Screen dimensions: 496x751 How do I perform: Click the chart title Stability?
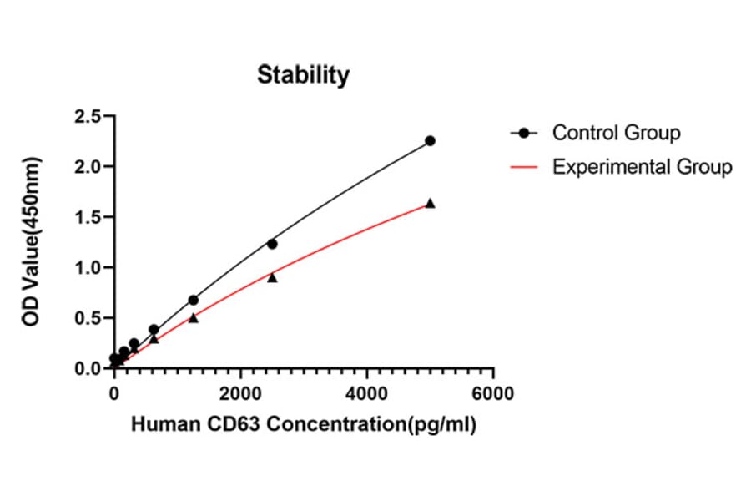click(x=303, y=75)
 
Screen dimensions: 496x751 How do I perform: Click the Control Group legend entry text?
click(x=616, y=133)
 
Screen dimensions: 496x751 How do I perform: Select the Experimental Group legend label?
click(x=642, y=167)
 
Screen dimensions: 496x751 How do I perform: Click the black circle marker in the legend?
click(x=524, y=133)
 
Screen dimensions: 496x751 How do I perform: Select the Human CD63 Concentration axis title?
click(x=303, y=425)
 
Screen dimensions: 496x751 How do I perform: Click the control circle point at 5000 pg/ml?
click(x=430, y=141)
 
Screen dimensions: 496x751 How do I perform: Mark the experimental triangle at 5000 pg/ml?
click(x=430, y=203)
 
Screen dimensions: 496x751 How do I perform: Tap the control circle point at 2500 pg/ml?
click(x=272, y=244)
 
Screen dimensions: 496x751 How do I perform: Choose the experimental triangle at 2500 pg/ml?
click(x=272, y=277)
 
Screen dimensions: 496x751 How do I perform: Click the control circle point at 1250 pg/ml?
click(x=194, y=300)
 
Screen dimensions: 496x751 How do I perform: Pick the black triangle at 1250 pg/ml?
click(x=194, y=317)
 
